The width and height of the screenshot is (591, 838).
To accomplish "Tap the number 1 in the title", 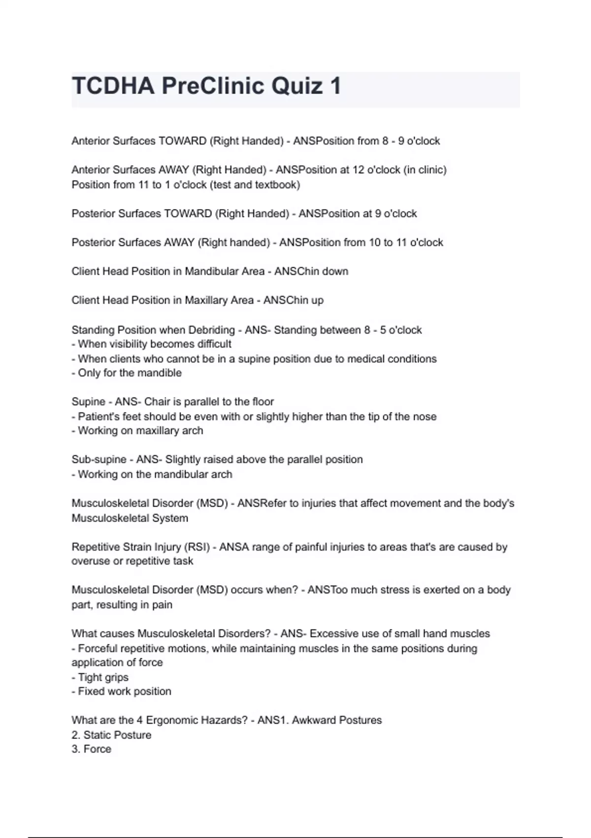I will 336,86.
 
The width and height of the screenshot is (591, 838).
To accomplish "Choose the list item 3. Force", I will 92,749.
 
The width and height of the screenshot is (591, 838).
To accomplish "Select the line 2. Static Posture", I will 111,735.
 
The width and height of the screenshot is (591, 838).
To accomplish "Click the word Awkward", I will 312,720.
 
